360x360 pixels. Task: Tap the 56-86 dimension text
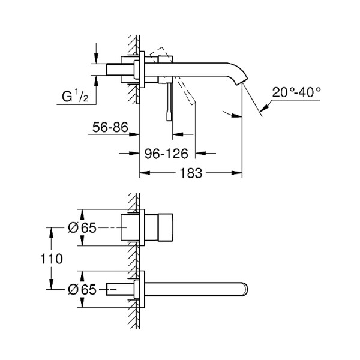pyautogui.click(x=110, y=128)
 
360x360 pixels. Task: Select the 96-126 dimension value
pyautogui.click(x=164, y=154)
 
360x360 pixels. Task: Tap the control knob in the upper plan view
pyautogui.click(x=162, y=228)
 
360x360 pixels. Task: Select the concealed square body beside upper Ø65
pyautogui.click(x=131, y=228)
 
